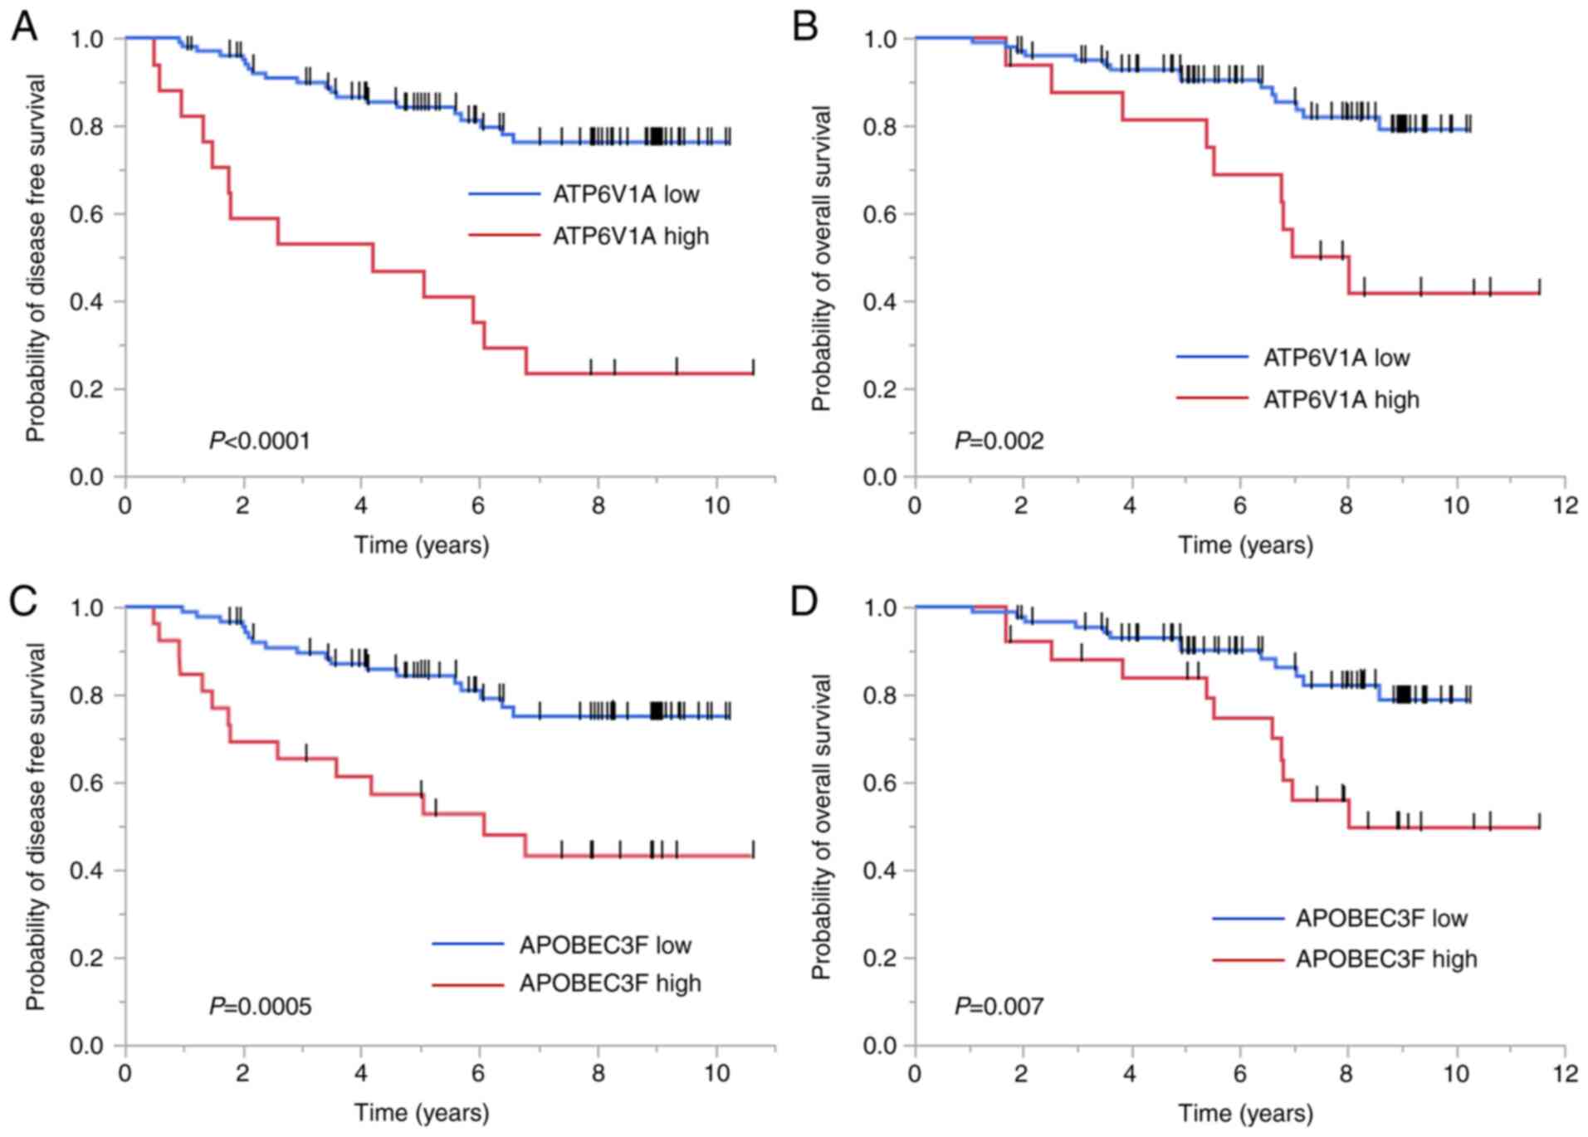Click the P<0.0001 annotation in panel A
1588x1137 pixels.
(260, 441)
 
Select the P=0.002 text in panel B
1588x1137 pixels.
(999, 441)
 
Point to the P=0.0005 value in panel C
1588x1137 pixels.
(260, 1007)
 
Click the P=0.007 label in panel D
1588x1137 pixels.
(999, 1007)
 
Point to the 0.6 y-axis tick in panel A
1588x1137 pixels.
(86, 214)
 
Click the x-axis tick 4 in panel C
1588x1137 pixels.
(361, 1073)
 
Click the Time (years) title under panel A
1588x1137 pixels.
(422, 545)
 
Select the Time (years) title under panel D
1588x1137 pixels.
(1245, 1113)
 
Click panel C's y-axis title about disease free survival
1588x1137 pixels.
(35, 826)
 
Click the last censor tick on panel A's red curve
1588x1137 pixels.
(753, 367)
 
